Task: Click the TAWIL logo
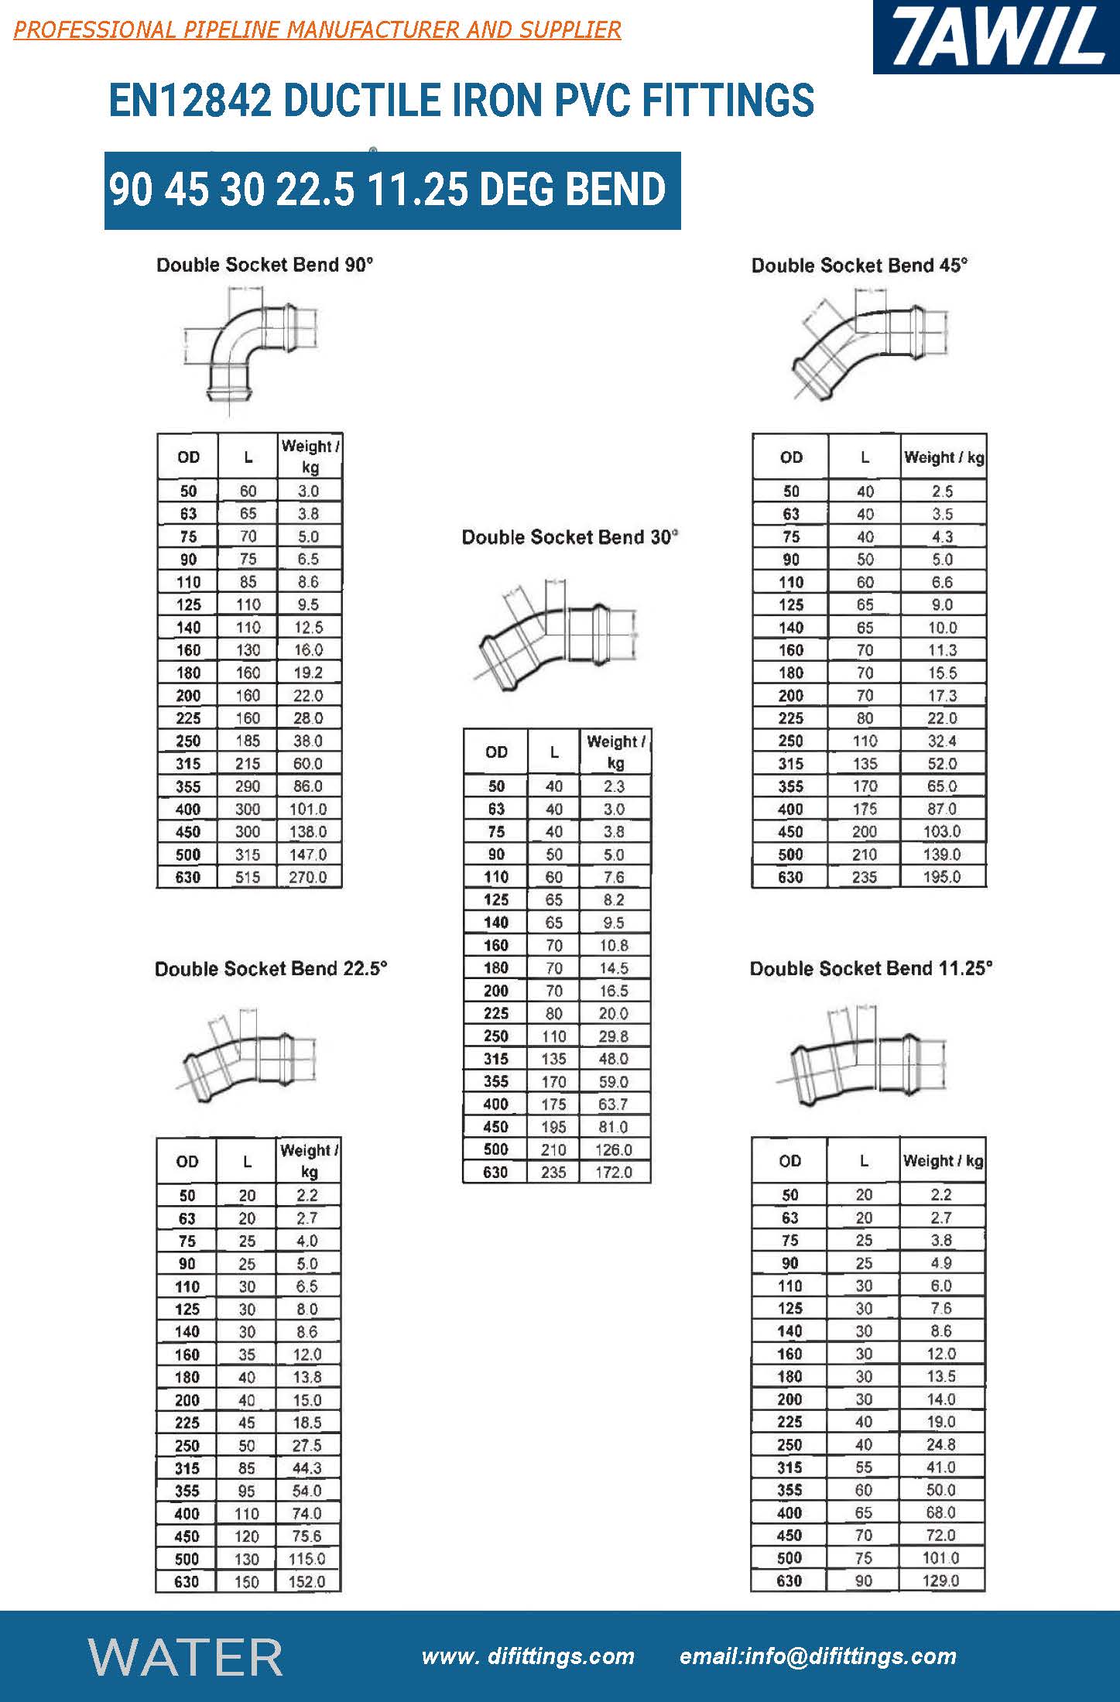[996, 36]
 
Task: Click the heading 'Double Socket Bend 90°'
[265, 265]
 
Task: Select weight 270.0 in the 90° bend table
[308, 877]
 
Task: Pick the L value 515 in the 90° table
[248, 877]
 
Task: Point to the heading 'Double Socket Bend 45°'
[859, 265]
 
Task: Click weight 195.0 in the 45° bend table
[942, 877]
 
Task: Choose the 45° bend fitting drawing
[871, 344]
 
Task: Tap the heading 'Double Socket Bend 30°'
[570, 537]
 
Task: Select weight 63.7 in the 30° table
[613, 1104]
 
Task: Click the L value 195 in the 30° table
[553, 1127]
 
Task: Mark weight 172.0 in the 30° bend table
[613, 1172]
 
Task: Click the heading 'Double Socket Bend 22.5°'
[271, 968]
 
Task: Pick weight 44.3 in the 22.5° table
[307, 1467]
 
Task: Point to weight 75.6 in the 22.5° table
[307, 1536]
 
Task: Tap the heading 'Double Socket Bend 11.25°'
[871, 968]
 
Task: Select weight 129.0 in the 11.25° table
[940, 1580]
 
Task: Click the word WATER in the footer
[186, 1656]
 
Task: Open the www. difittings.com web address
[528, 1656]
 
